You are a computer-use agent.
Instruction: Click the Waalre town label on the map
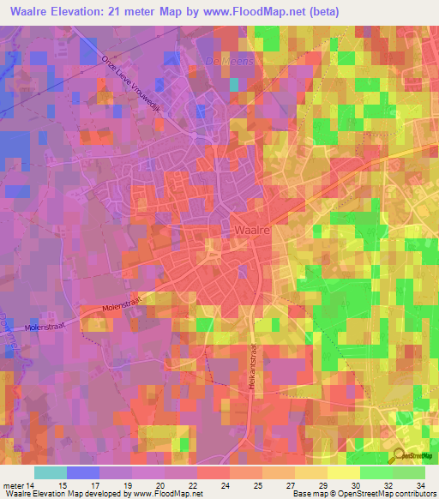pyautogui.click(x=251, y=231)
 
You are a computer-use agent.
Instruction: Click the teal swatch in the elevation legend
pyautogui.click(x=51, y=472)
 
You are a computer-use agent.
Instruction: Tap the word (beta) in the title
pyautogui.click(x=318, y=12)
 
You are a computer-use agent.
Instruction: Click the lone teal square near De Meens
pyautogui.click(x=234, y=85)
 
